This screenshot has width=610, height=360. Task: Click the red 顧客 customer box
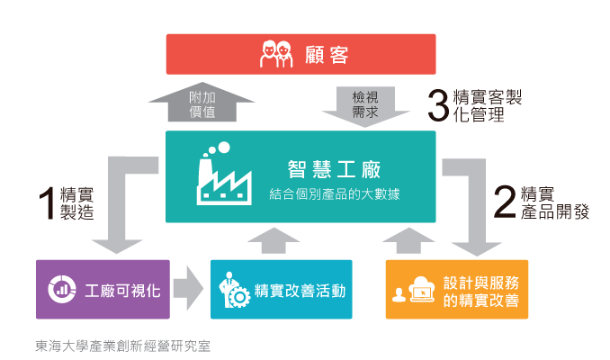(301, 54)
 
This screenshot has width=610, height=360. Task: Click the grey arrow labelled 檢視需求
(365, 104)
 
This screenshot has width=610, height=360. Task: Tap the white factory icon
(223, 177)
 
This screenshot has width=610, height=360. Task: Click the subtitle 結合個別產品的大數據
(334, 193)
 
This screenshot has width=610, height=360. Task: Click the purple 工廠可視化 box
(103, 289)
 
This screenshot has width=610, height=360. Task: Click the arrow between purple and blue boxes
(188, 289)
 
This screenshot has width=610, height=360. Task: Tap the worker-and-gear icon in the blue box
(232, 290)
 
